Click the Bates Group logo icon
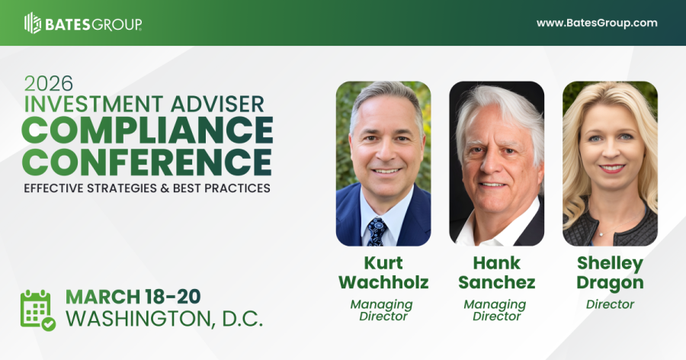click(33, 23)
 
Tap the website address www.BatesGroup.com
click(597, 23)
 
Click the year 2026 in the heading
click(47, 82)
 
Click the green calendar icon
click(37, 309)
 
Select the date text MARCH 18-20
click(136, 296)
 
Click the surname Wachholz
click(383, 283)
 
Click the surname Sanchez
click(496, 283)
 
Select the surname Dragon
click(610, 283)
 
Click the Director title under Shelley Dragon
click(610, 304)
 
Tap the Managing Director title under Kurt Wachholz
click(383, 310)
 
